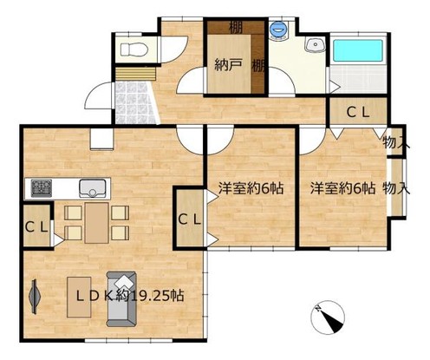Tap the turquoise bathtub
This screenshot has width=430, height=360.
358,50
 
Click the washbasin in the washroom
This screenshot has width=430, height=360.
315,45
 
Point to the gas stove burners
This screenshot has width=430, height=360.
42,188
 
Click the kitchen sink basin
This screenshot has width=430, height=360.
93,188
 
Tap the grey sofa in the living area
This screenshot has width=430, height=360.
121,299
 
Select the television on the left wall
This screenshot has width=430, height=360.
35,297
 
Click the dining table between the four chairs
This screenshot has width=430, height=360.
97,223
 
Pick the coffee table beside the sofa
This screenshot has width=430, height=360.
79,297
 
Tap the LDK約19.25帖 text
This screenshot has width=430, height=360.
130,296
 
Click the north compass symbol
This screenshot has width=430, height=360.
328,317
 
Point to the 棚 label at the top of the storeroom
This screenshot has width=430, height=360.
235,28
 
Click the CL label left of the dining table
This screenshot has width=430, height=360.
36,227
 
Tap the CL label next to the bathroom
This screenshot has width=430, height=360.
358,113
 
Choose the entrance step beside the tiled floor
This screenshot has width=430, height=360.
136,74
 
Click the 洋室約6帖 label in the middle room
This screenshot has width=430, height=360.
251,188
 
